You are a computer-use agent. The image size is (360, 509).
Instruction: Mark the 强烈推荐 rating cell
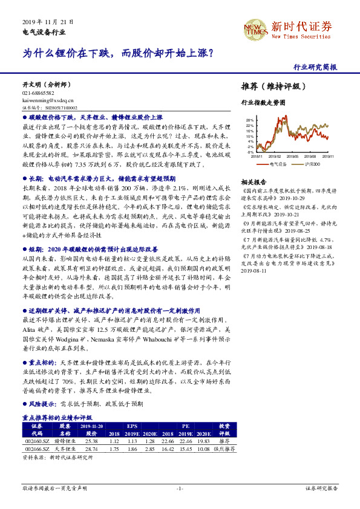224,449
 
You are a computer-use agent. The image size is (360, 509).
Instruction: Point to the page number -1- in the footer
180,487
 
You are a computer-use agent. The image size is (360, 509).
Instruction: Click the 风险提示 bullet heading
42,403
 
